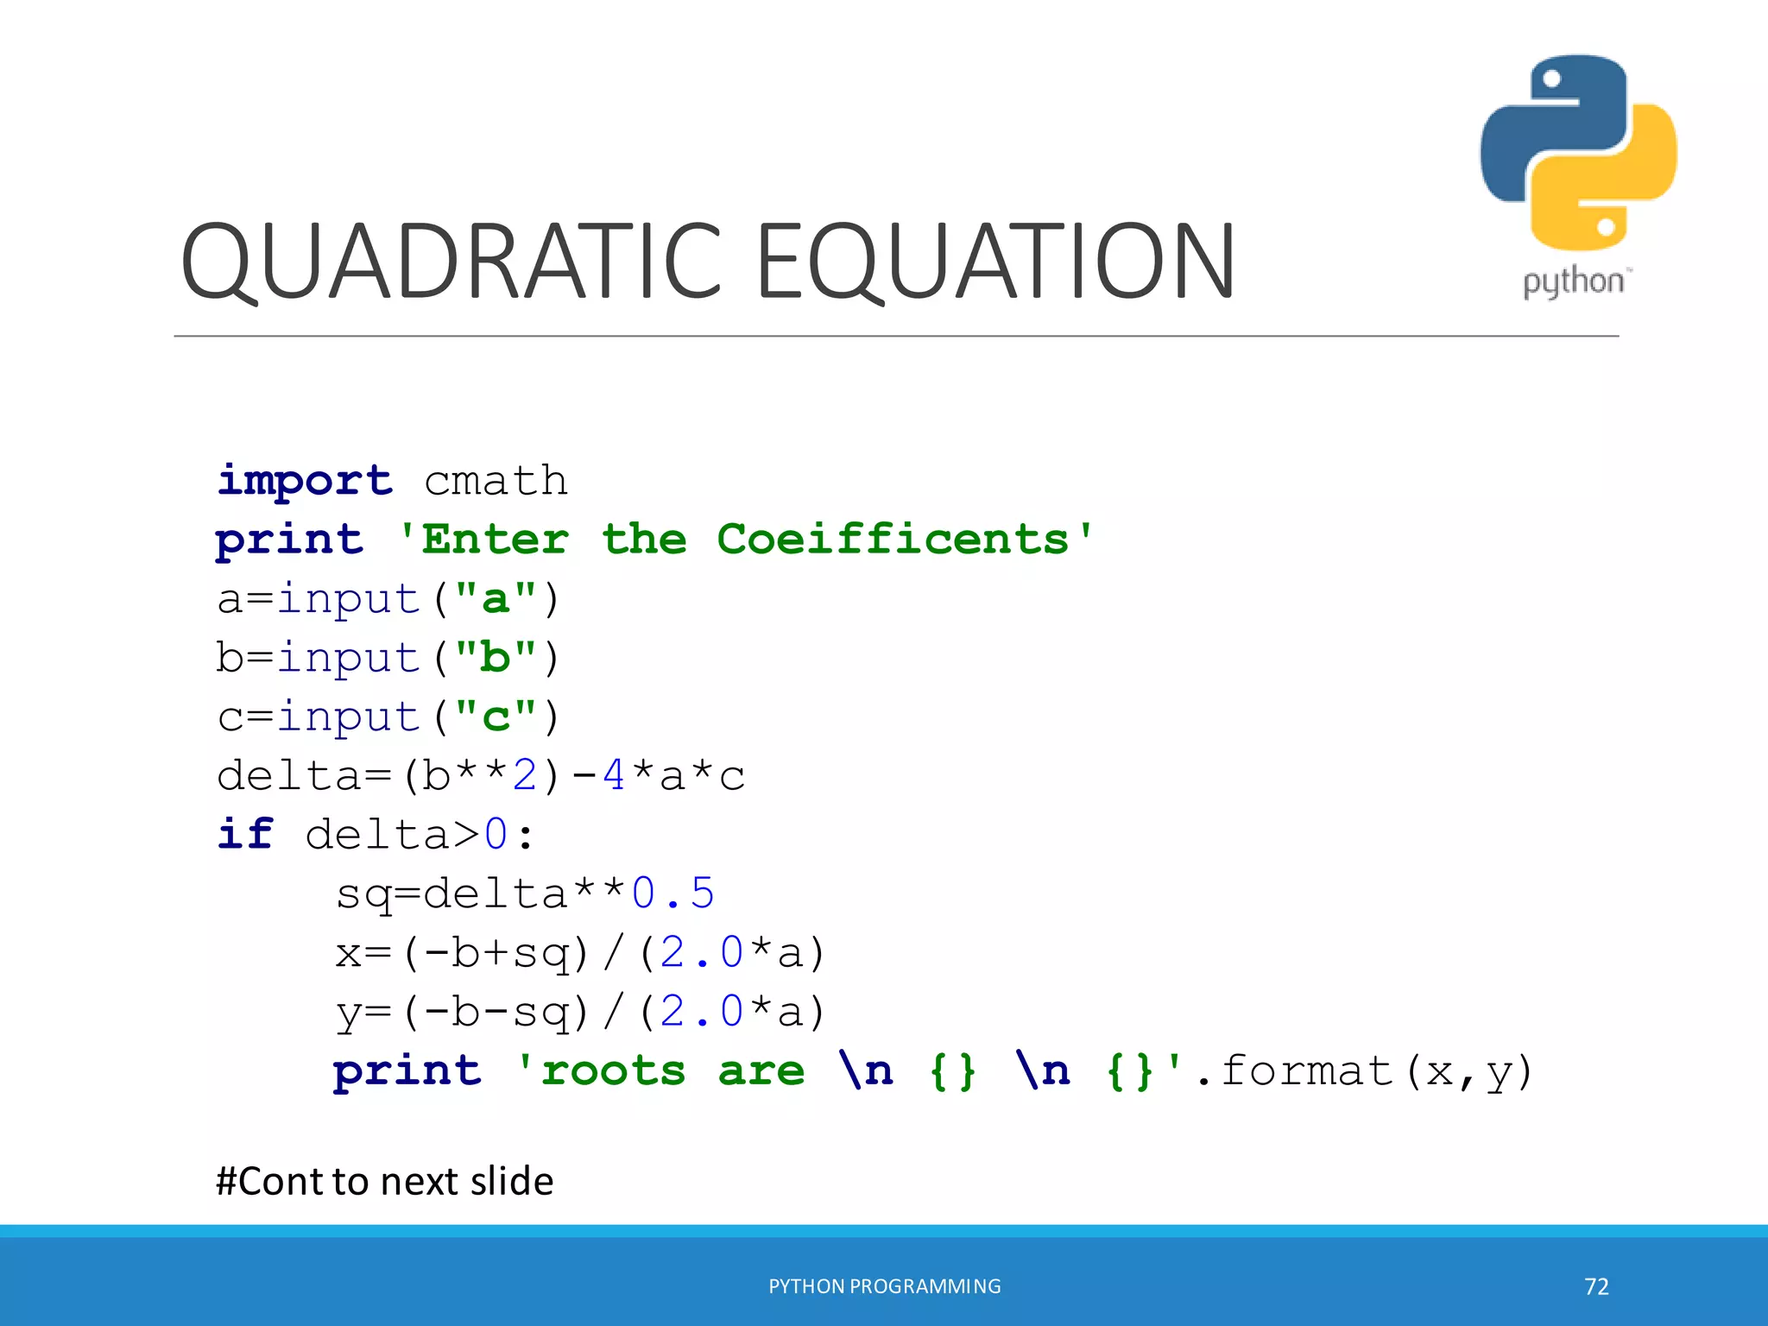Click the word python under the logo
(1573, 282)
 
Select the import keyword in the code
(305, 480)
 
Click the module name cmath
(496, 480)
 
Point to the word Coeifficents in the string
(893, 540)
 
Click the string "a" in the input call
(496, 598)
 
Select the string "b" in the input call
(496, 657)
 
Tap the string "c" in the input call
(496, 717)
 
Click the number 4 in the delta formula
(613, 775)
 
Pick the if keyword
(245, 834)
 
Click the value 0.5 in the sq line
(672, 893)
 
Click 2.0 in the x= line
(701, 952)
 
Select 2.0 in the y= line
(701, 1011)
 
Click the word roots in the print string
(613, 1071)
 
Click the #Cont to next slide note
(384, 1181)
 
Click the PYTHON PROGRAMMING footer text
(884, 1286)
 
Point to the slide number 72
(1596, 1286)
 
